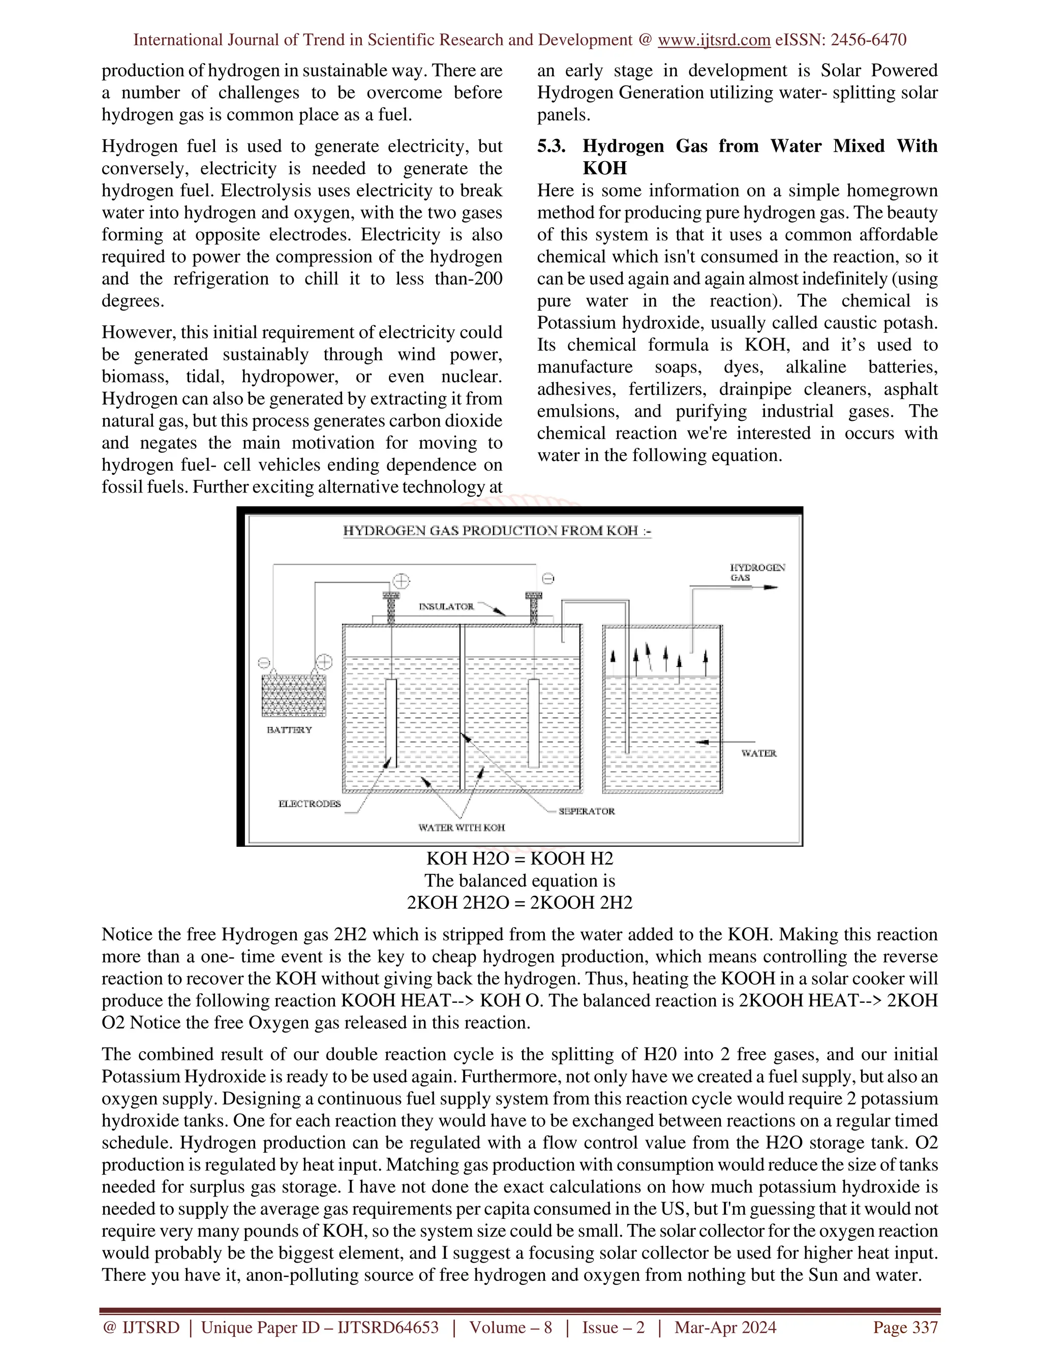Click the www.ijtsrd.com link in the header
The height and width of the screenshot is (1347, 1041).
click(x=714, y=40)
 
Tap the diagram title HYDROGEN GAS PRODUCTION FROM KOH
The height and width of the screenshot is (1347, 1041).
click(x=497, y=531)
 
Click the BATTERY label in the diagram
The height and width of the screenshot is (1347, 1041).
click(x=289, y=729)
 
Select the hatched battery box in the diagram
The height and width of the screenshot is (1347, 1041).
click(x=294, y=694)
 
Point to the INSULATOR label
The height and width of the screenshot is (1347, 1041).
click(x=446, y=607)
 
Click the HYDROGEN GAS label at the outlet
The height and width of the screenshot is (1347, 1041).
click(x=757, y=572)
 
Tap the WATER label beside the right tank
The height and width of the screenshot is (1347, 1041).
click(x=758, y=753)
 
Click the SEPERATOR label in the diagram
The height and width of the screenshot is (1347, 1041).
click(x=587, y=811)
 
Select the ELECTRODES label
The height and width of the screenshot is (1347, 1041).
click(x=310, y=804)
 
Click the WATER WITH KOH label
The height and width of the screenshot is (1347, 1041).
click(x=462, y=828)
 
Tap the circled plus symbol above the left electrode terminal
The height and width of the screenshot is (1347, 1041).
click(x=402, y=580)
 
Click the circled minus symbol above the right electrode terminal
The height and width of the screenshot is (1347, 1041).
click(x=547, y=578)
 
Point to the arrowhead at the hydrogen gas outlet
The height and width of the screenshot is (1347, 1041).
click(x=771, y=587)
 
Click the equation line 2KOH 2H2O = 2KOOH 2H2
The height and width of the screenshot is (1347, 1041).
click(x=519, y=903)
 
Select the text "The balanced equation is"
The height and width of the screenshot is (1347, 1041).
click(x=519, y=881)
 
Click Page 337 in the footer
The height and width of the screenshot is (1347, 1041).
click(x=905, y=1327)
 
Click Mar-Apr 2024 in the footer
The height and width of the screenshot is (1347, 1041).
click(x=725, y=1327)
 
